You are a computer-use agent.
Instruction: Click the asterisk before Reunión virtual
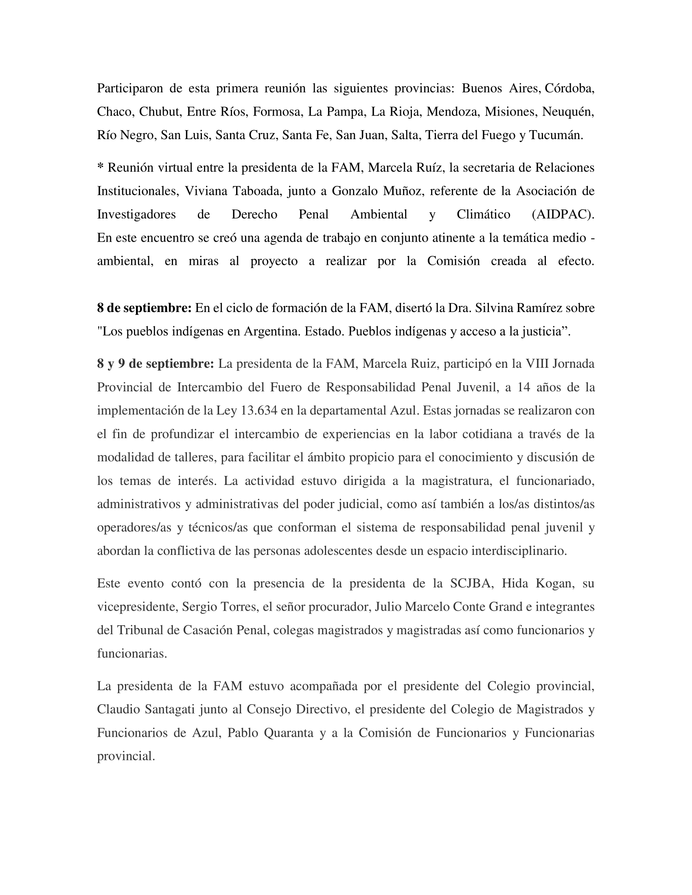click(x=100, y=168)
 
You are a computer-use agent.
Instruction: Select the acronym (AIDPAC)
click(x=563, y=214)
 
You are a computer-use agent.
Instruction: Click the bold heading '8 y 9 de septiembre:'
click(x=155, y=363)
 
